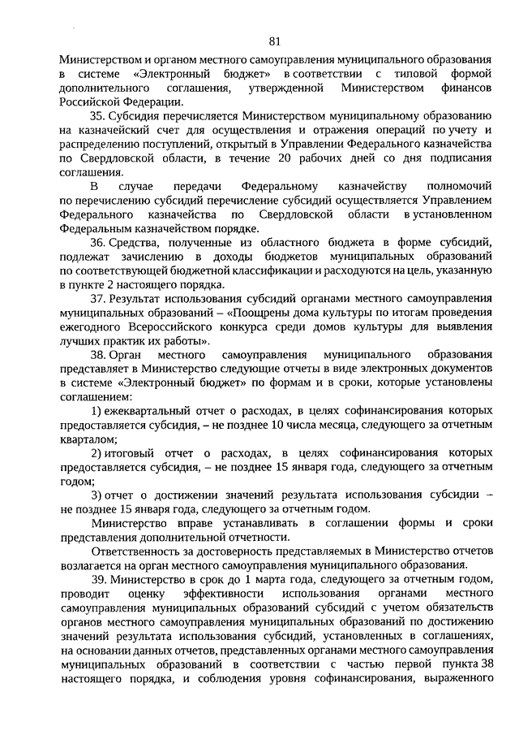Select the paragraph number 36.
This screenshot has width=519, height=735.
pyautogui.click(x=98, y=243)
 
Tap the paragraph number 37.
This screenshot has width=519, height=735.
pyautogui.click(x=98, y=300)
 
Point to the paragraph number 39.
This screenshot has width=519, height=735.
pyautogui.click(x=98, y=579)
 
